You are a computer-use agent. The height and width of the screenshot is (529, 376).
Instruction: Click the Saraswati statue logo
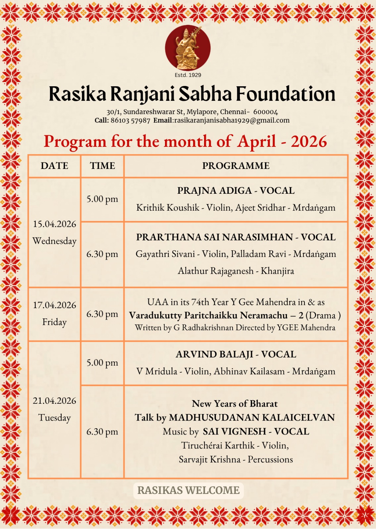tap(188, 48)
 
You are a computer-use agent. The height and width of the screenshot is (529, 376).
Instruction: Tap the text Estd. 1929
tap(188, 75)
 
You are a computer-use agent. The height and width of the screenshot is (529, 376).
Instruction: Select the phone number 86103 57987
tap(131, 121)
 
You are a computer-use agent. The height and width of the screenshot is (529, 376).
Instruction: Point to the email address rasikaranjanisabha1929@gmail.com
tap(232, 121)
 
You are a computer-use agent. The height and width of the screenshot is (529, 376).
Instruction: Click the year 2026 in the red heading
tap(309, 142)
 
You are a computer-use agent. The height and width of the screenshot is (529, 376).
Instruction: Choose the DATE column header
tap(54, 166)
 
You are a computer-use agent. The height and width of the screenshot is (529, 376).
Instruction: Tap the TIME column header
tap(102, 166)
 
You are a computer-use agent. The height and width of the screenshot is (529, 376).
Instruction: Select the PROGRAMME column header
tap(236, 166)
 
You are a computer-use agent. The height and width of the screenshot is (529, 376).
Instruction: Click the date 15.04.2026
tap(54, 224)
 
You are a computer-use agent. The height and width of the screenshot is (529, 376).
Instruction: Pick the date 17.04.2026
tap(54, 305)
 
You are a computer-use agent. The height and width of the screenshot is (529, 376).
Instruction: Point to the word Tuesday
tap(54, 418)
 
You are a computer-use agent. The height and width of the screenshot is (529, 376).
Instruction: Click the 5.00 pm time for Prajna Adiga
tap(102, 199)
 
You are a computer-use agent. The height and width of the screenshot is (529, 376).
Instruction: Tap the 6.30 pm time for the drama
tap(102, 314)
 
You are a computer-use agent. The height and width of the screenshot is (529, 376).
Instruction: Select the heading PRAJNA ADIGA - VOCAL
tap(236, 191)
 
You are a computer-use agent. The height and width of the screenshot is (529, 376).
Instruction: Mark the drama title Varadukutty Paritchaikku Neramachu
tap(208, 315)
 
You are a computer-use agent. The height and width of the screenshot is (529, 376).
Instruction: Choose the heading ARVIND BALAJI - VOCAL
tap(236, 354)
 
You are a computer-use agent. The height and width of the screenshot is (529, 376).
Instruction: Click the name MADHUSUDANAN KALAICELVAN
tap(252, 418)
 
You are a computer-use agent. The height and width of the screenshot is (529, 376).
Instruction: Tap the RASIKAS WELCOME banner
tap(188, 490)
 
